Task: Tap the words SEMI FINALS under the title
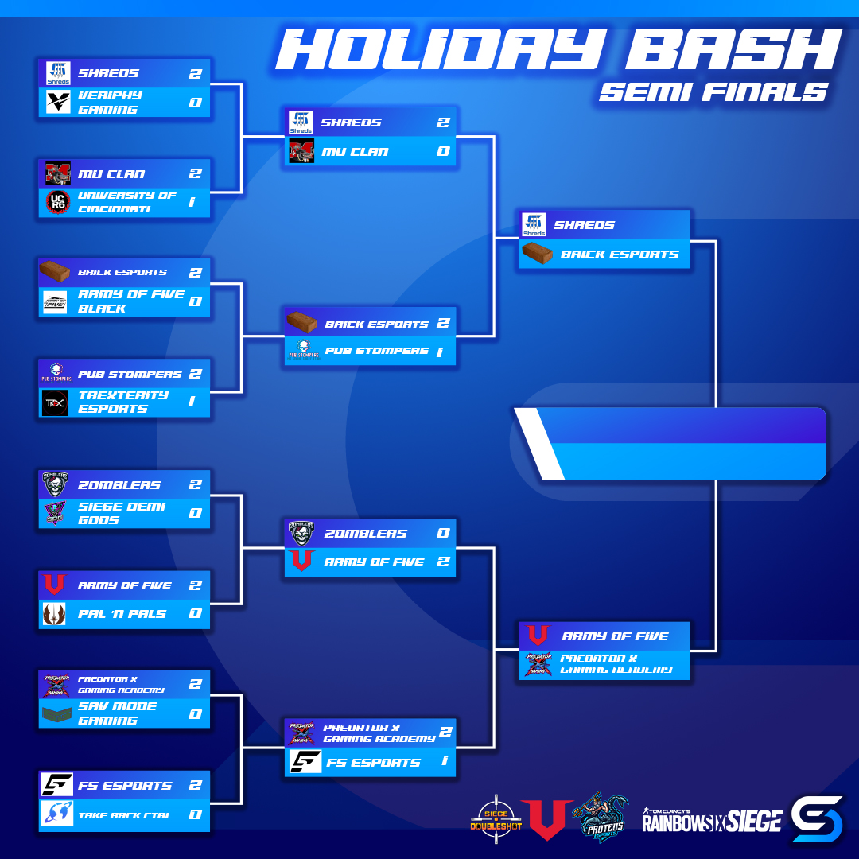click(x=713, y=92)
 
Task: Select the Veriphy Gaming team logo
click(x=57, y=103)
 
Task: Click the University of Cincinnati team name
click(x=127, y=202)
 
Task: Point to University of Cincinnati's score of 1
click(x=192, y=202)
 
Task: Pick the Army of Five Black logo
click(x=56, y=302)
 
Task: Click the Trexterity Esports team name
click(x=122, y=402)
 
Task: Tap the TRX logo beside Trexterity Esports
click(x=56, y=402)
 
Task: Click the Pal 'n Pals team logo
click(x=55, y=614)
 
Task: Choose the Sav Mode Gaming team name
click(x=117, y=713)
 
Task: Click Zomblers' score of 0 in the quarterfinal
click(x=443, y=533)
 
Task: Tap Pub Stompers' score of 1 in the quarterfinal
click(x=439, y=352)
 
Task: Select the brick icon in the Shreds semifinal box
click(x=537, y=255)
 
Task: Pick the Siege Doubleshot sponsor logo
click(x=495, y=817)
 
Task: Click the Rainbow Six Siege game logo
click(x=711, y=818)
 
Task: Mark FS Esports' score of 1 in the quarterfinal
click(x=444, y=762)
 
